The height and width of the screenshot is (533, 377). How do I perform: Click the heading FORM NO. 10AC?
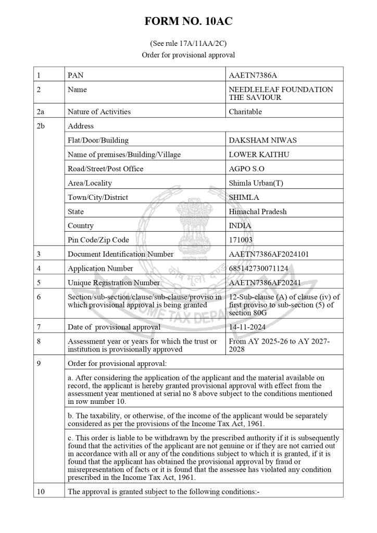188,22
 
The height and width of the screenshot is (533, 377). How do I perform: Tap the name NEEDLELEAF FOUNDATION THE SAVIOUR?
281,94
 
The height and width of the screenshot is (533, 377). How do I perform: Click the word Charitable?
245,111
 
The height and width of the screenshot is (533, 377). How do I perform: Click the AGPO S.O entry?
246,169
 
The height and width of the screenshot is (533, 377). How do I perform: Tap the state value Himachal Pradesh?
258,212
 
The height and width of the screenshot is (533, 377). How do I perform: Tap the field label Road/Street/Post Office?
105,169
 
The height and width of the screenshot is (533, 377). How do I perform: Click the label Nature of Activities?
99,111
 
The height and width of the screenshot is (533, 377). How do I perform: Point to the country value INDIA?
240,226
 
